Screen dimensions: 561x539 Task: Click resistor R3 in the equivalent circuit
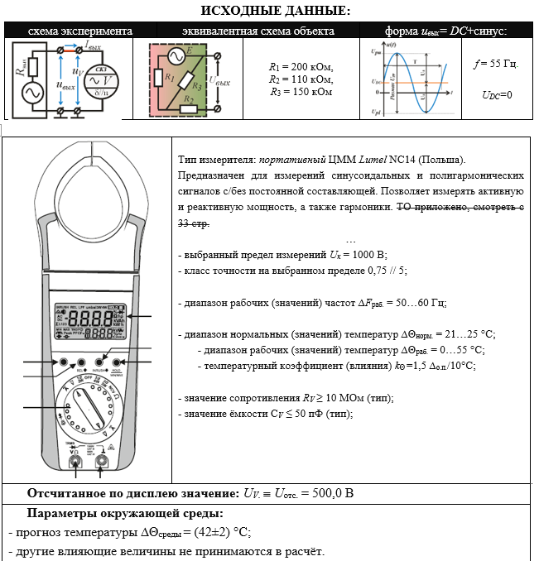coord(195,86)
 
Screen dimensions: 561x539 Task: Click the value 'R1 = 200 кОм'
coord(301,66)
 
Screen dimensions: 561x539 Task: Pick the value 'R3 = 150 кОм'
coord(301,93)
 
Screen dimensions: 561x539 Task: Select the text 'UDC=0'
coord(497,95)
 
